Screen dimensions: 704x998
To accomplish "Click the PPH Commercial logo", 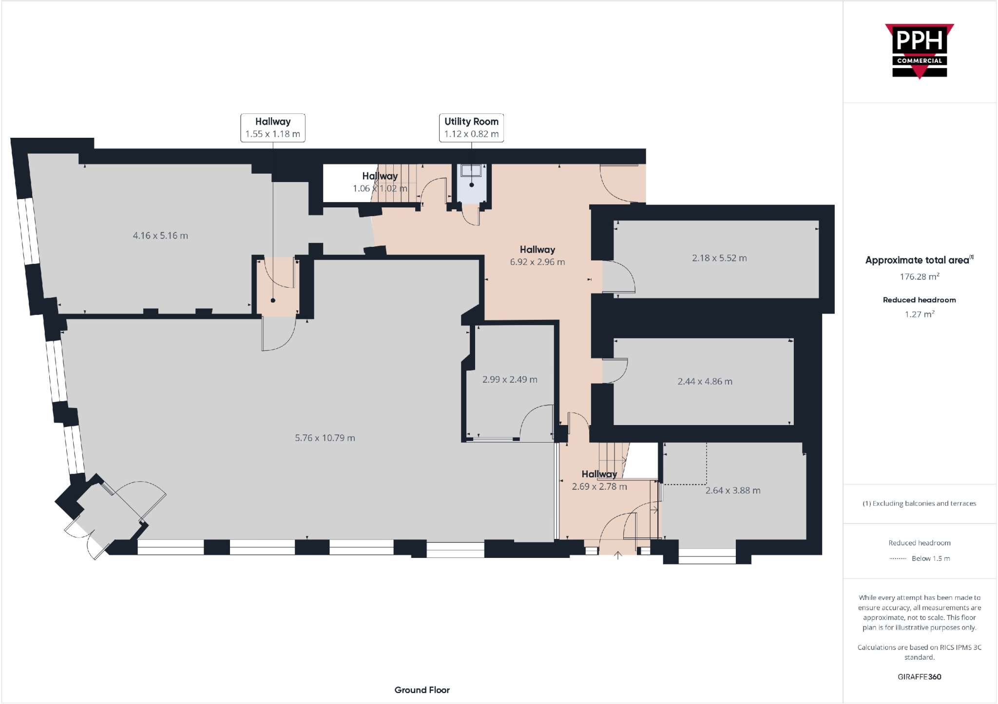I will pos(919,51).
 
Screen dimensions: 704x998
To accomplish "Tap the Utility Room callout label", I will pos(471,128).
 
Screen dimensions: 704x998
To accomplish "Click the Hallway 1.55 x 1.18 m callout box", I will pos(272,128).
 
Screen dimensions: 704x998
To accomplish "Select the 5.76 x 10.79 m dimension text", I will pos(325,438).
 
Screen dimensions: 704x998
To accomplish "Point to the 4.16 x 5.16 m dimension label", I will pos(160,236).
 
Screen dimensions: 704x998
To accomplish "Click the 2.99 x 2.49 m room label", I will pos(510,379).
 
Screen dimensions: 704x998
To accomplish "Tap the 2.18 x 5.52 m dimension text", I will pos(719,258).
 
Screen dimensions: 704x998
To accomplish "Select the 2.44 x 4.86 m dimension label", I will pos(705,381).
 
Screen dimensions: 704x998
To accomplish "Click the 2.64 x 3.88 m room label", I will pos(732,490).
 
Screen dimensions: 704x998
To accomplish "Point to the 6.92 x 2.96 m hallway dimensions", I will pos(537,262).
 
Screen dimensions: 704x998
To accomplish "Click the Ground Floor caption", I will pos(422,690).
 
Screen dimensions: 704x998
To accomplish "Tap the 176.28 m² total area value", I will pos(919,277).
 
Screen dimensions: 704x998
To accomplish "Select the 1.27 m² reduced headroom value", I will pos(919,314).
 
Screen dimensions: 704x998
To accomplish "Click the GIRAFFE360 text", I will pos(919,677).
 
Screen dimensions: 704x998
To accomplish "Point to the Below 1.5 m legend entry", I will pos(930,558).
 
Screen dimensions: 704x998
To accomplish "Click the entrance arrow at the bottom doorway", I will pos(618,555).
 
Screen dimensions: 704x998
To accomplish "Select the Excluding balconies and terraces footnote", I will pos(919,503).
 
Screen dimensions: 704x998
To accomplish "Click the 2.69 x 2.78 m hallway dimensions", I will pos(599,486).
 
